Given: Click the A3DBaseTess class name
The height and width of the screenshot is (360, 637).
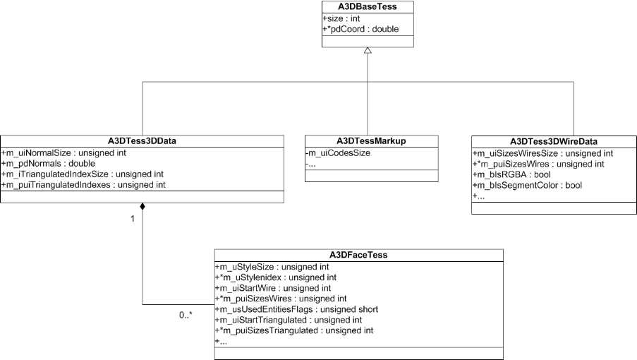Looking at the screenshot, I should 368,7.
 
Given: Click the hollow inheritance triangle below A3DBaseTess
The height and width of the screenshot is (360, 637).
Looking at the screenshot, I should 368,52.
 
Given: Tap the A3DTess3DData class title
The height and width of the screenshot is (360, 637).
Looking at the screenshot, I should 142,141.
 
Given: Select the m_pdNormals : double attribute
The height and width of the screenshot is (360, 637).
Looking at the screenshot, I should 44,164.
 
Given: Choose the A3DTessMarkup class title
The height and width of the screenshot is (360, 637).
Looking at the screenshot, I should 371,141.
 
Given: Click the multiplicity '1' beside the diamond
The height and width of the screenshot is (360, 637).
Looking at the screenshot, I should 131,218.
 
